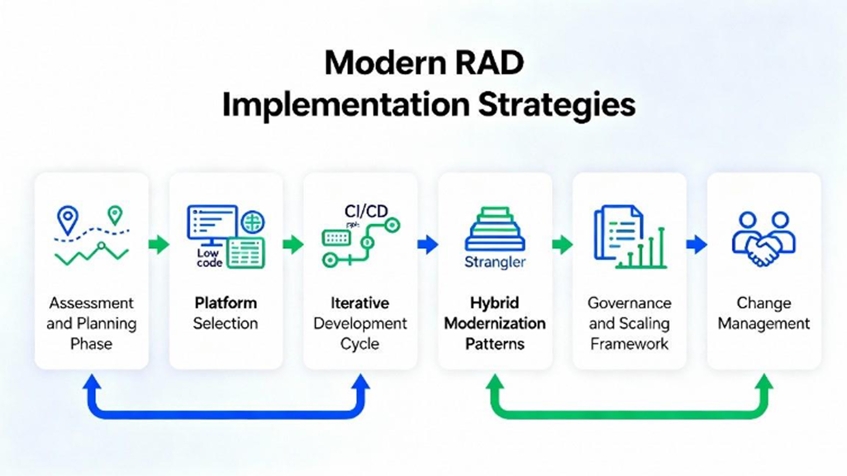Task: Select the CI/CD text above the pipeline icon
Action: point(366,211)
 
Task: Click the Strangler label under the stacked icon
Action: point(495,262)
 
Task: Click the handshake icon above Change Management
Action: point(764,239)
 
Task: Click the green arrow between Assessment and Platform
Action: point(159,244)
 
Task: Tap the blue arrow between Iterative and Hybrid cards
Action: point(428,244)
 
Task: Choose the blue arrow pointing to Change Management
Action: point(697,244)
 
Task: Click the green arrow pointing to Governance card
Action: point(562,244)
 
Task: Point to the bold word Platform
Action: point(226,303)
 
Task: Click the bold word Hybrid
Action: point(495,303)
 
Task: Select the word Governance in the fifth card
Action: point(629,303)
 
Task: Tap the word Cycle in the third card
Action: point(360,344)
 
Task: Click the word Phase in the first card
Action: point(91,344)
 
